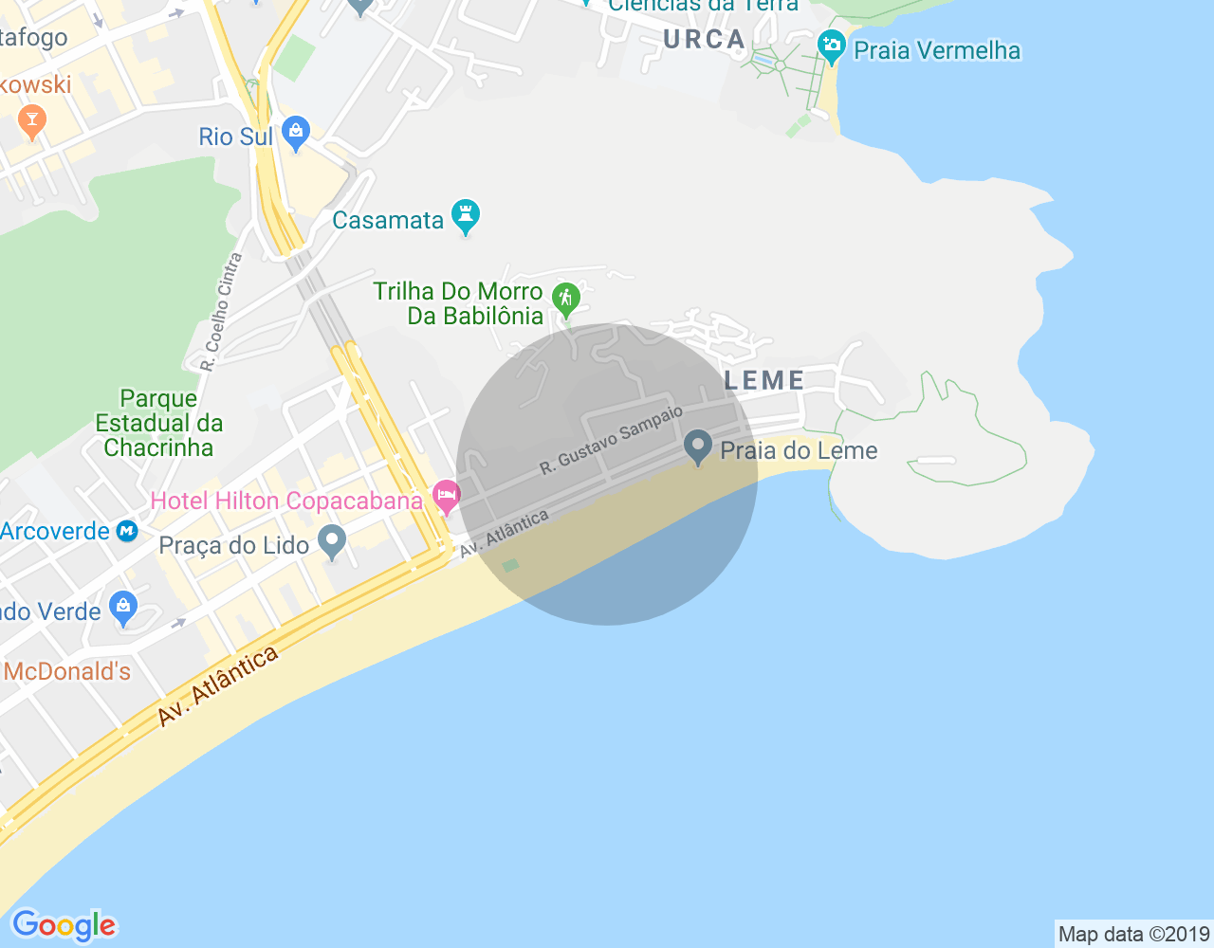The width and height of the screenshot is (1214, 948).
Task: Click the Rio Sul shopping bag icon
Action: (296, 134)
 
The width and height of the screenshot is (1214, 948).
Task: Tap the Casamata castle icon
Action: (465, 216)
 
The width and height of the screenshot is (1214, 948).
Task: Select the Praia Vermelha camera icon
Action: (831, 46)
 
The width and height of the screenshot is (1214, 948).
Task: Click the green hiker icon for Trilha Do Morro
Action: (566, 300)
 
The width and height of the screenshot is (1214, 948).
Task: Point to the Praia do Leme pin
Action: (698, 447)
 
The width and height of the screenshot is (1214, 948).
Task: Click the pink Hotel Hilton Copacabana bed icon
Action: (446, 496)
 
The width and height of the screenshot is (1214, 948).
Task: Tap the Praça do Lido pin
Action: (332, 542)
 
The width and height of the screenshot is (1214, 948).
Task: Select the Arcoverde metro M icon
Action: (127, 531)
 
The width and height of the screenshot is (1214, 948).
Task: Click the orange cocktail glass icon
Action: (31, 121)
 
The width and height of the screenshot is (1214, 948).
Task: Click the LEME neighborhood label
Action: (764, 380)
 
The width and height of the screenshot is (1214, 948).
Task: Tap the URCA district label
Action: (705, 40)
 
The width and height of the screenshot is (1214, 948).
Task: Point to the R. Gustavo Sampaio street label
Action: (611, 441)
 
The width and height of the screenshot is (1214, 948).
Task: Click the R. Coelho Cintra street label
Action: (222, 311)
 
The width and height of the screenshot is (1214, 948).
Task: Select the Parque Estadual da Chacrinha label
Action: (158, 423)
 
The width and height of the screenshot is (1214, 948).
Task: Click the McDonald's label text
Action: (66, 671)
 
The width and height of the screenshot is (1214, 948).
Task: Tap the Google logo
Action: (64, 925)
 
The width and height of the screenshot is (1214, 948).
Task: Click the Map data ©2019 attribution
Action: (1133, 934)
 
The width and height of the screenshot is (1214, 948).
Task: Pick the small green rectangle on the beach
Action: (510, 566)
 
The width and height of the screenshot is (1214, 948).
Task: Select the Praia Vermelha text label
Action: (937, 50)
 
